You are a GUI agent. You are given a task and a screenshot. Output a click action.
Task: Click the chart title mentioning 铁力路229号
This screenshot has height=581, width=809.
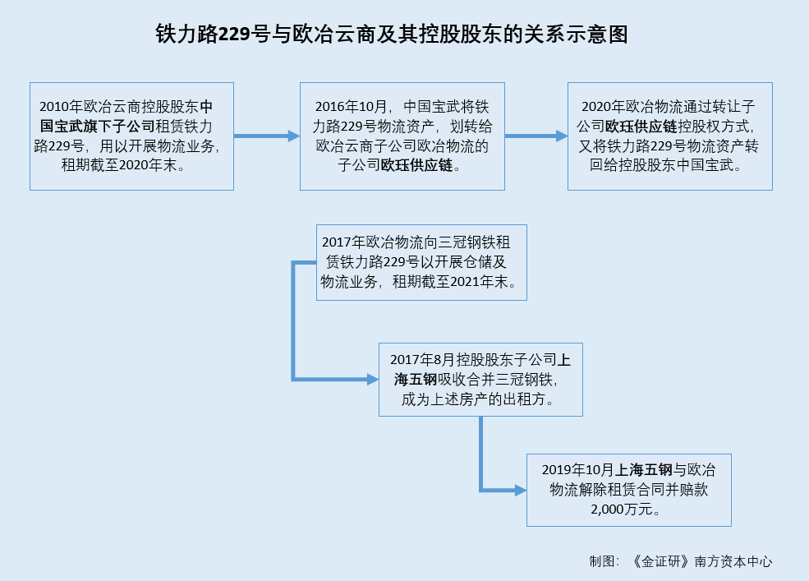[x=392, y=34]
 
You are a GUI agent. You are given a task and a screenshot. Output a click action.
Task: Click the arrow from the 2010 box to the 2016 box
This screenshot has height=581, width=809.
[x=267, y=136]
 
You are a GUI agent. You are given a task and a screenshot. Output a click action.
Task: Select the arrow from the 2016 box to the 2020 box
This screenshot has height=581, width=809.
[x=536, y=136]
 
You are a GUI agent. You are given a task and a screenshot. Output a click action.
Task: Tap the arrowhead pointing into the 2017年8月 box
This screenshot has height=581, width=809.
[x=373, y=380]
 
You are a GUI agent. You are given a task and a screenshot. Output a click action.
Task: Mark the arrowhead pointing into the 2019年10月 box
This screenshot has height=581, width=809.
[x=521, y=490]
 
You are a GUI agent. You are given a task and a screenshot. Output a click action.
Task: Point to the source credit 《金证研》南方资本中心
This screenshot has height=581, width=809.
[x=701, y=561]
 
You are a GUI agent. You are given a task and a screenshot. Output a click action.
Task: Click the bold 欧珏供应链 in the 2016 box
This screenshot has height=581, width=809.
[x=417, y=165]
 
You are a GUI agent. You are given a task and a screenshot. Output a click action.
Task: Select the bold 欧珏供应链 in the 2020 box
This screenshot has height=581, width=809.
[x=641, y=126]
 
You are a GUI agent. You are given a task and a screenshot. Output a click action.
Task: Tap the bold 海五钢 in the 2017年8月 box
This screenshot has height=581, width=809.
[x=416, y=380]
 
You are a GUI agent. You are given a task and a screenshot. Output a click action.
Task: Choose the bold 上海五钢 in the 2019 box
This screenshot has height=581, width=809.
[x=643, y=470]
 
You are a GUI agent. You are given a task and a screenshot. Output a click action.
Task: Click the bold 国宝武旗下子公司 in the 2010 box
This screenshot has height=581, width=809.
[x=97, y=126]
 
